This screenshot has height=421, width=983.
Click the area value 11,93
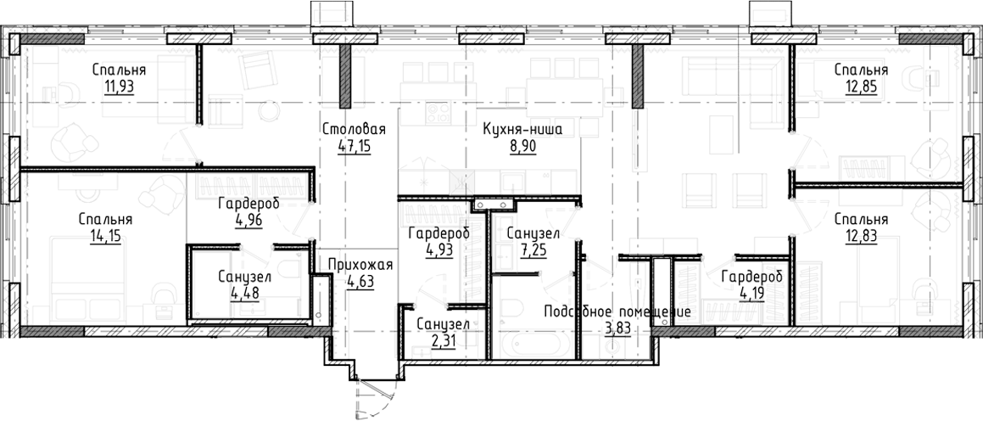120,86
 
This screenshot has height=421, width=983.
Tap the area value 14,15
104,235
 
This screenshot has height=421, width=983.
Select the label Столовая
355,129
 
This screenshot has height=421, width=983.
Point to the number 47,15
355,145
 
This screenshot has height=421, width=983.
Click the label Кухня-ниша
522,129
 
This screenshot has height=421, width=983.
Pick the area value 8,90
522,145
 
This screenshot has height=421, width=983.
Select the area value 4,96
248,220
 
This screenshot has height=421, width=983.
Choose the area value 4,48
243,293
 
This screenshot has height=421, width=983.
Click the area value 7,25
532,249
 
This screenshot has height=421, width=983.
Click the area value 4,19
751,293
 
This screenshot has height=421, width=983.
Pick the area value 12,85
860,86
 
